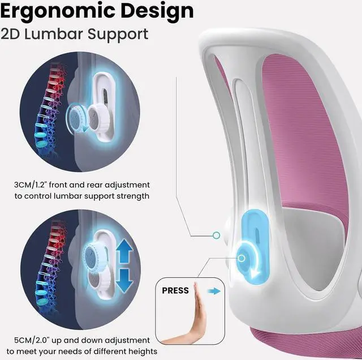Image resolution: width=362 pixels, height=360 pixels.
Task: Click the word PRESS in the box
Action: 175,290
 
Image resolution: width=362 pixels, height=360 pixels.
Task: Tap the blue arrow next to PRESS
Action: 213,290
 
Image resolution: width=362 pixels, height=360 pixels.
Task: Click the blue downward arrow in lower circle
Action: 124,281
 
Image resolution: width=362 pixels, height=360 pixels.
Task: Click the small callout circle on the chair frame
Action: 216,234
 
